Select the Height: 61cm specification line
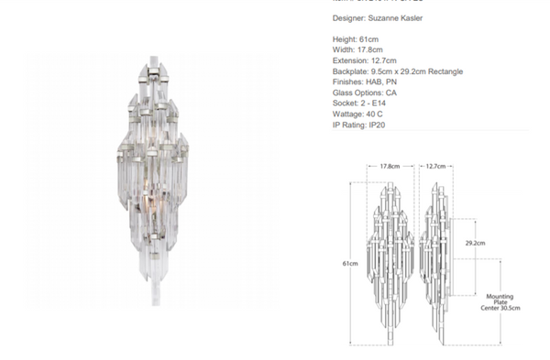pyautogui.click(x=356, y=39)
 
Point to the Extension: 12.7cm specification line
pyautogui.click(x=365, y=60)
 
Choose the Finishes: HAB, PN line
pyautogui.click(x=366, y=82)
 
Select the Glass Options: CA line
pyautogui.click(x=365, y=93)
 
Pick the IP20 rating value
pyautogui.click(x=376, y=125)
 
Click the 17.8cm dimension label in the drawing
pyautogui.click(x=389, y=167)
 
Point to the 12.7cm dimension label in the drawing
pyautogui.click(x=435, y=167)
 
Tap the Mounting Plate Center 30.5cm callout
pyautogui.click(x=500, y=302)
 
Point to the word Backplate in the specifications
pyautogui.click(x=351, y=71)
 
